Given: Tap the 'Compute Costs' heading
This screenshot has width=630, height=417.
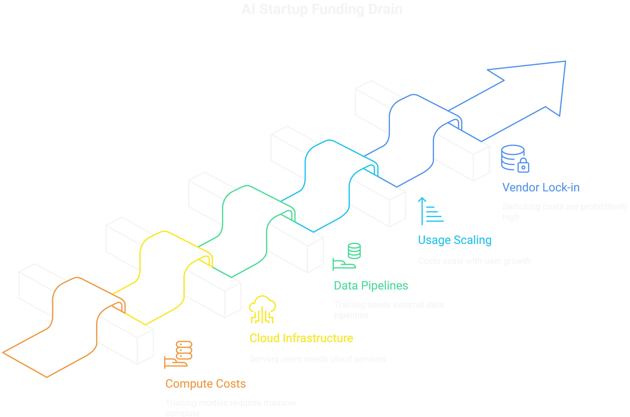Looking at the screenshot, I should (x=205, y=384).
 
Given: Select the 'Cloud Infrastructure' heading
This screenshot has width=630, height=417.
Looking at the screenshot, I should (x=301, y=338).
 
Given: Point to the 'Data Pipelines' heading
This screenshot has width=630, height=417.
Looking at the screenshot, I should (x=371, y=286).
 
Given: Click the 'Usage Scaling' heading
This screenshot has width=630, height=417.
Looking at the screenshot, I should (x=455, y=240).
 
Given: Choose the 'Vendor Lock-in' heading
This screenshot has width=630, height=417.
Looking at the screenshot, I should (x=541, y=187).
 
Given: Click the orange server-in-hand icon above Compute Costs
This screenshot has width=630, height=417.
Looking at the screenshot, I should (x=178, y=354).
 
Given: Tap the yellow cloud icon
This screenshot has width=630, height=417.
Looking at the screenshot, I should (x=262, y=309).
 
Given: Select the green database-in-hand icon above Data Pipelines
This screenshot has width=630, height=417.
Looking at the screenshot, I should (x=346, y=257).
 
